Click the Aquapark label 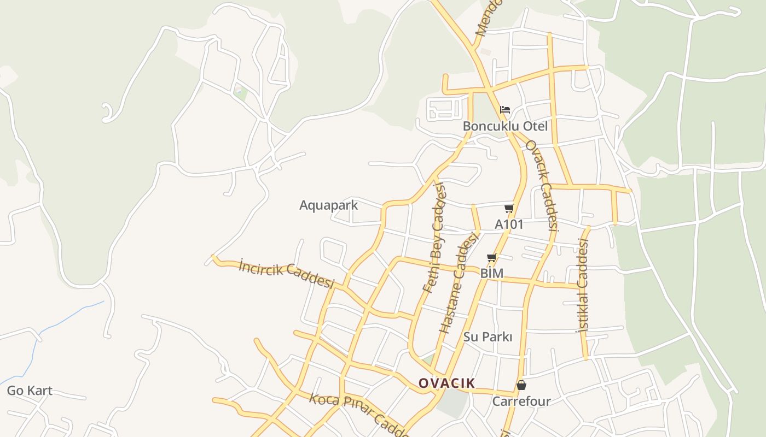[x=328, y=205]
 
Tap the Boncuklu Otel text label [x=505, y=126]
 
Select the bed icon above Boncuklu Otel [x=505, y=110]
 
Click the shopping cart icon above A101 [x=509, y=208]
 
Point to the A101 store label [x=509, y=224]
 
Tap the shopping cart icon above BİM [x=491, y=257]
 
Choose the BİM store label [x=491, y=273]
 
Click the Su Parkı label [x=488, y=337]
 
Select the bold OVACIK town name [x=446, y=383]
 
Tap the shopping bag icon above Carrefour [x=521, y=385]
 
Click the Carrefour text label [x=521, y=401]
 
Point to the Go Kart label [x=30, y=391]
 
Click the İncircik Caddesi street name [x=286, y=274]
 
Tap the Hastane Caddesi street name [x=459, y=282]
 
